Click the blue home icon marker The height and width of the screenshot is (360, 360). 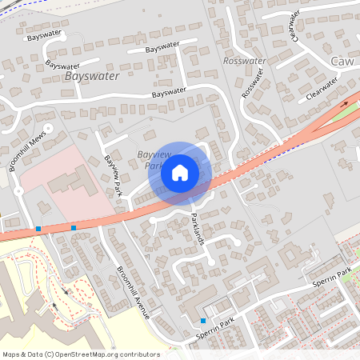(180, 171)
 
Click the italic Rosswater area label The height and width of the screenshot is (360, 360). (245, 61)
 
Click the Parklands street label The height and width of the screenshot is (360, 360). (201, 226)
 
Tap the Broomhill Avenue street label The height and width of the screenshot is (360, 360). (133, 293)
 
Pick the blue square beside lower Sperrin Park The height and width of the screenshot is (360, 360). (203, 321)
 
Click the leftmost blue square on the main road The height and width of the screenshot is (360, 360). (38, 229)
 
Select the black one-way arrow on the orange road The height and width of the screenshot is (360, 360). (345, 103)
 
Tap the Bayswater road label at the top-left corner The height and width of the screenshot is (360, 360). (45, 37)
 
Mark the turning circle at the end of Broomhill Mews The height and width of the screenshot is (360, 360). (47, 128)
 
